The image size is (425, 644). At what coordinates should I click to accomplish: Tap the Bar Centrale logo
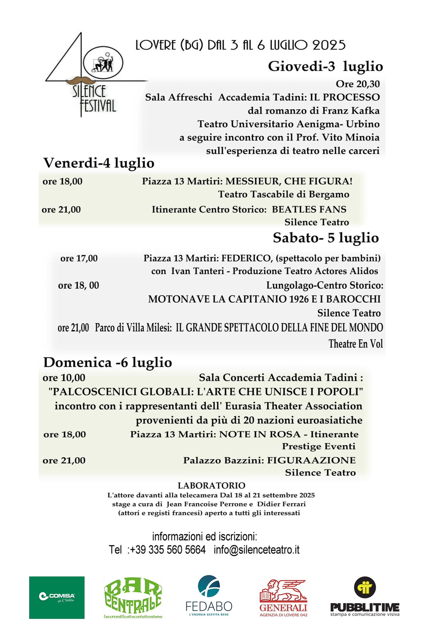coord(133,597)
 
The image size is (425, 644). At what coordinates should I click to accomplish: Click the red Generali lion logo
coord(283,597)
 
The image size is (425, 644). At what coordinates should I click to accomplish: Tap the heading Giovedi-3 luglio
coord(325,66)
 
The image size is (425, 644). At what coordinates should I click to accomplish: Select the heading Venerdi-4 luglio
coord(99,163)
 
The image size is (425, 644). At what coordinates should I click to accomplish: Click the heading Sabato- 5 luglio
coord(326,238)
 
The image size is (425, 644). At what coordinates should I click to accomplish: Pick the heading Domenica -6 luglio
coord(108,362)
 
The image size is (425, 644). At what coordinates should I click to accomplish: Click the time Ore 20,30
coord(358,84)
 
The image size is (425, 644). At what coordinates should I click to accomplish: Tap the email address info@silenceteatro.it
coord(256,550)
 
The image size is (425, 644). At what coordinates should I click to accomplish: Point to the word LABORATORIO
coord(211,486)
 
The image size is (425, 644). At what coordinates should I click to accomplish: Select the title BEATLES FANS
coord(309,209)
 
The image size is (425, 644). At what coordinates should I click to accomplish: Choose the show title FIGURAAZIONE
coord(311,460)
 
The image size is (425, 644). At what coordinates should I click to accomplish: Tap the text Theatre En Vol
coord(356,344)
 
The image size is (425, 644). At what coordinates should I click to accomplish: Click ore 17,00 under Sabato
coord(79,258)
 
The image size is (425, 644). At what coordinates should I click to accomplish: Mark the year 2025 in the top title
coord(329,45)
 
